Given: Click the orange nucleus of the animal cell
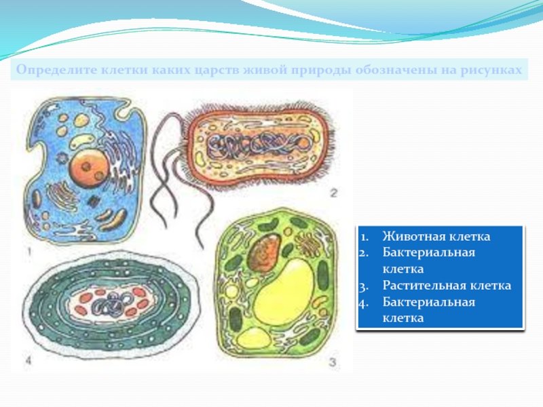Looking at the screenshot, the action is click(88, 168).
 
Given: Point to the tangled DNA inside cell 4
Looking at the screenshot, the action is click(113, 302).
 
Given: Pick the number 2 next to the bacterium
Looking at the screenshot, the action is click(333, 193).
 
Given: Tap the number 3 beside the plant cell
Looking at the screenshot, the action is click(333, 362).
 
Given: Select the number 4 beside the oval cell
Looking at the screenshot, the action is click(28, 361).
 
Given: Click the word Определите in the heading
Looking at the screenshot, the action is click(56, 70).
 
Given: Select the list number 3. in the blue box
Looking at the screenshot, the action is click(363, 286).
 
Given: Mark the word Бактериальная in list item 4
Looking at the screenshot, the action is click(429, 302).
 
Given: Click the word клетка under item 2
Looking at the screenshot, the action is click(403, 269).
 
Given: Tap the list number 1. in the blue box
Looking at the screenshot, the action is click(364, 237).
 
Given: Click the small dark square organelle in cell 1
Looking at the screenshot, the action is click(93, 201).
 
